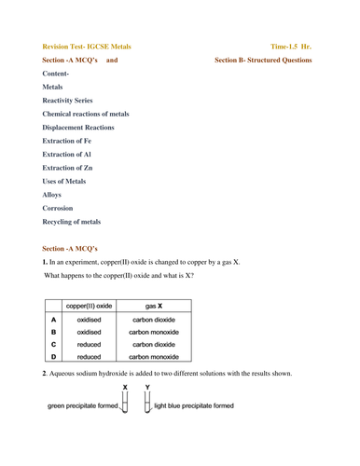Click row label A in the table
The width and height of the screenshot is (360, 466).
click(54, 318)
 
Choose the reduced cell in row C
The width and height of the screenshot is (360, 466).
click(90, 343)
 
